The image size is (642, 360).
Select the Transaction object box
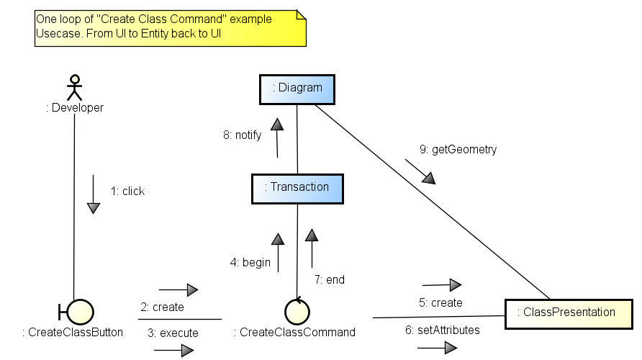[297, 187]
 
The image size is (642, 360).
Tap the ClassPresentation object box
[568, 312]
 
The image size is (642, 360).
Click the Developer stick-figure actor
[74, 86]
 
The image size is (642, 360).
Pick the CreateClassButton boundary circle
[80, 311]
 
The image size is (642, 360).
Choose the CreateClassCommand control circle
[296, 310]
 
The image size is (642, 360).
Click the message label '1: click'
[127, 191]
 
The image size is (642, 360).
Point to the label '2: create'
[162, 307]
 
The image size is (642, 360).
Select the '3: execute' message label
[173, 333]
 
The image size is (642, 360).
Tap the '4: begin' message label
[250, 263]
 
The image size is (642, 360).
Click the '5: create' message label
[440, 303]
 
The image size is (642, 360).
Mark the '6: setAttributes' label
[443, 330]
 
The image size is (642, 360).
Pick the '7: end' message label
[330, 279]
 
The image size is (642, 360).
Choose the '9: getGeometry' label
[458, 150]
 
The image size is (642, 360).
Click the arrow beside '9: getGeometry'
[420, 171]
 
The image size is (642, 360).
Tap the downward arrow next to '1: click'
[93, 194]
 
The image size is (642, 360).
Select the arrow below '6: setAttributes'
[437, 348]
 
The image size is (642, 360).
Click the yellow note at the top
[171, 28]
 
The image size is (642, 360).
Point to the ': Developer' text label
[75, 108]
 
